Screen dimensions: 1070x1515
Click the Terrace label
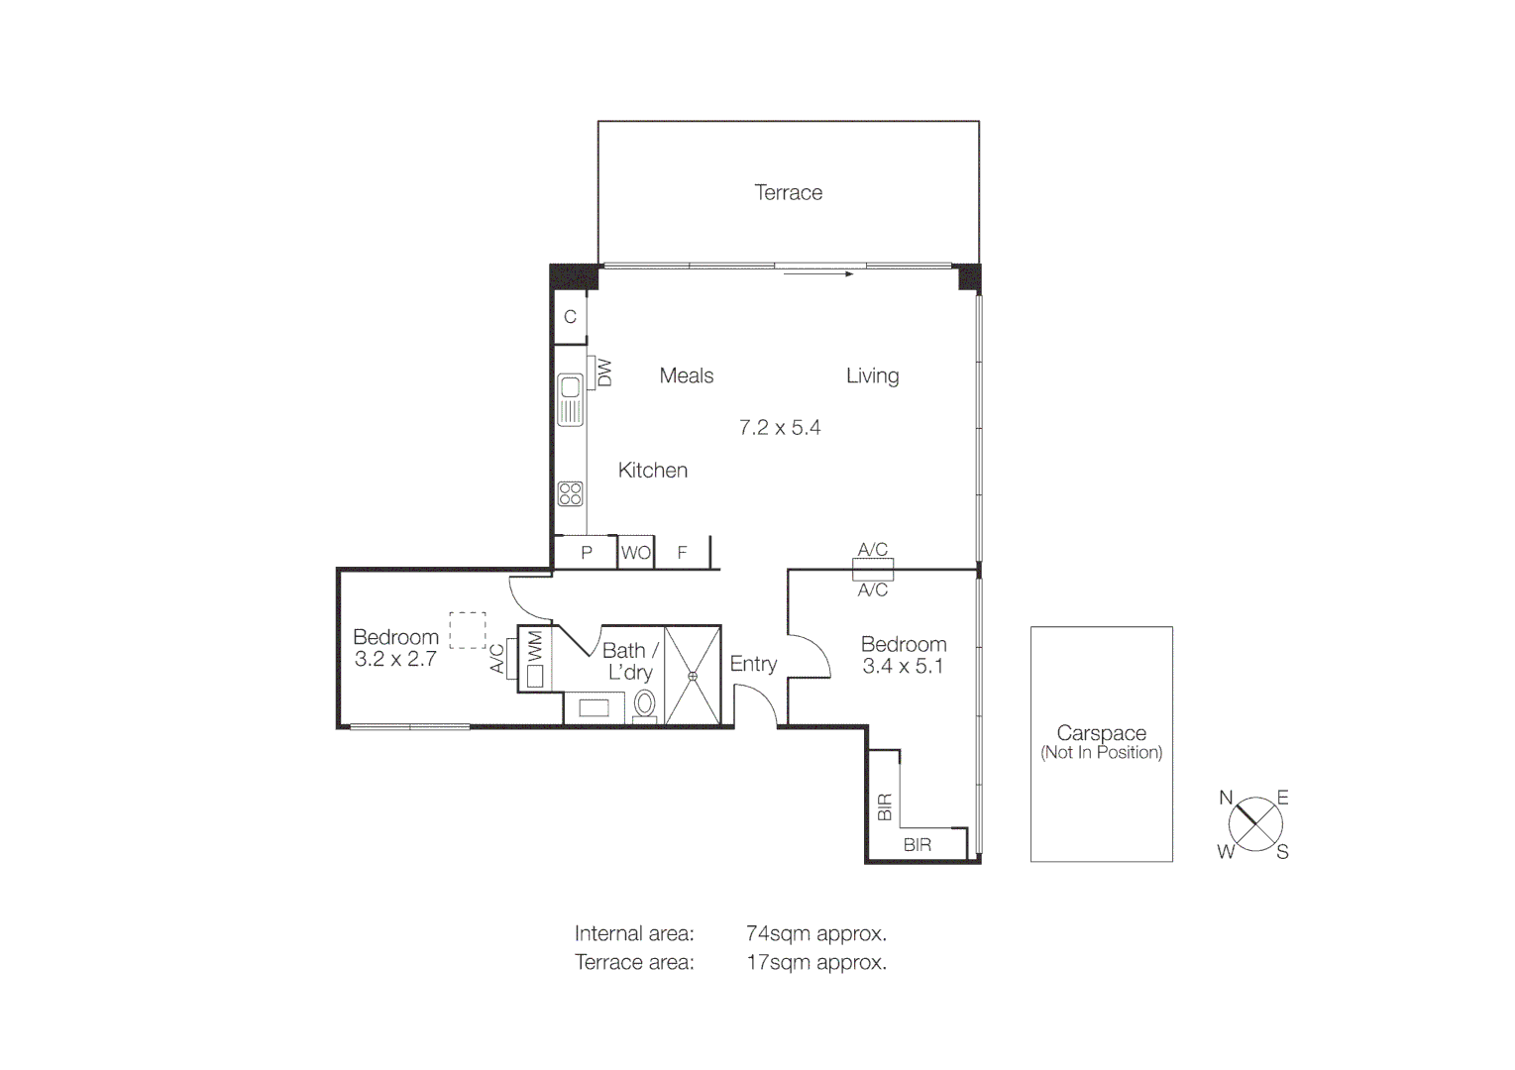point(788,192)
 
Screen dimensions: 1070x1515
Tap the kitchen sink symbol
point(570,399)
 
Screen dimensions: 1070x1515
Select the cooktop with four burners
point(570,492)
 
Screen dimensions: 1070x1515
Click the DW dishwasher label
point(603,373)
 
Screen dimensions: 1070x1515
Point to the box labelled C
point(570,317)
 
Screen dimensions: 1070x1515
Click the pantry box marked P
point(586,553)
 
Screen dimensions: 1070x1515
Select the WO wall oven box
point(635,553)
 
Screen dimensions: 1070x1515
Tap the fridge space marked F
point(682,553)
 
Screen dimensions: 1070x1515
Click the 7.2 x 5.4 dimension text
point(780,427)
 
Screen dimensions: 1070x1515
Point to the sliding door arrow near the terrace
point(817,274)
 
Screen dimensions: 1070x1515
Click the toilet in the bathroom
point(644,704)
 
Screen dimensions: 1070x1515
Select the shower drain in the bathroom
point(693,676)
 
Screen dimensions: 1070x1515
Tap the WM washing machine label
point(535,647)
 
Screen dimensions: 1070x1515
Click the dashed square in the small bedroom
point(468,630)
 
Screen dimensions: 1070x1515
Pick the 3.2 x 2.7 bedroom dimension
point(395,659)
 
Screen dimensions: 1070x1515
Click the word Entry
point(753,664)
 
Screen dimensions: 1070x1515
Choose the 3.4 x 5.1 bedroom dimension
point(903,667)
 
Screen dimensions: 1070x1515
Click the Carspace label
point(1101,733)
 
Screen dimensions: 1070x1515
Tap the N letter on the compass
point(1226,798)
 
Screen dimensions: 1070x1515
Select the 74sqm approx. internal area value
point(815,933)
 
